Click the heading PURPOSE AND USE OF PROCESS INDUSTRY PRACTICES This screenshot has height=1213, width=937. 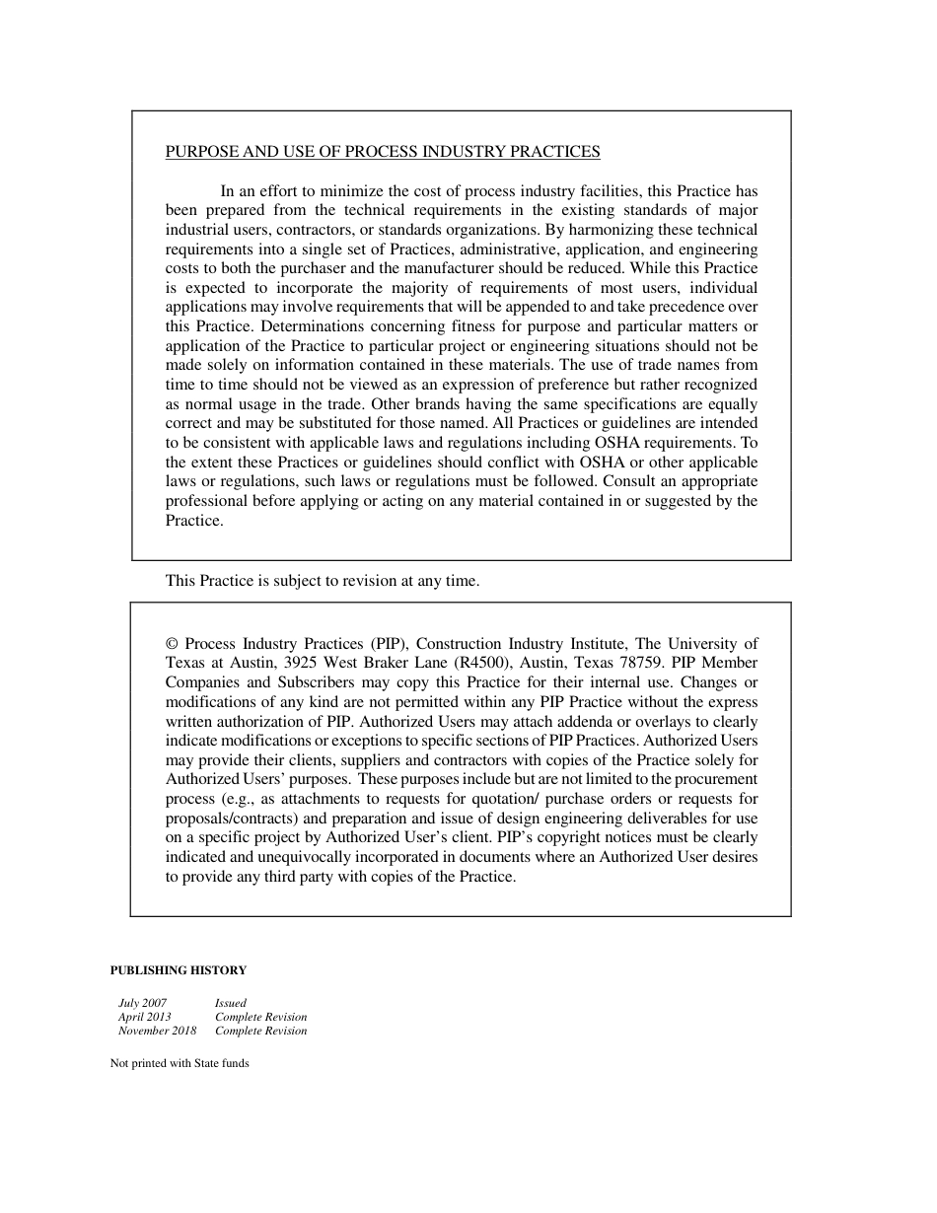point(383,152)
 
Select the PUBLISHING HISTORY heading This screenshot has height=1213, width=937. point(179,970)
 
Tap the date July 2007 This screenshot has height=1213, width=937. point(142,1003)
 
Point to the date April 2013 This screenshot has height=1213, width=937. point(144,1017)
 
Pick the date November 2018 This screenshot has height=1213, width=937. point(157,1031)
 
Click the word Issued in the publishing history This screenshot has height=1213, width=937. point(231,1003)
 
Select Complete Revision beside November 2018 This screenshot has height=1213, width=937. point(261,1031)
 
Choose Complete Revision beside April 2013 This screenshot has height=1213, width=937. point(261,1017)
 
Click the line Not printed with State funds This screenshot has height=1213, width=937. point(180,1063)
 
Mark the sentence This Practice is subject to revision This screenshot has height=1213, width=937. point(323,581)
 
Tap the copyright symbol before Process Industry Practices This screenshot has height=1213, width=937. point(172,644)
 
